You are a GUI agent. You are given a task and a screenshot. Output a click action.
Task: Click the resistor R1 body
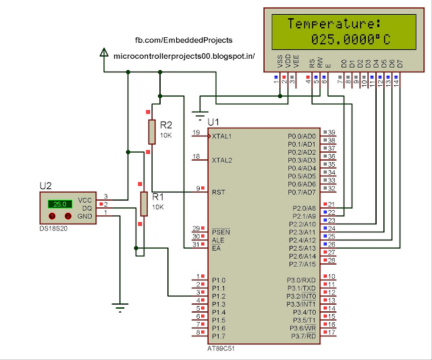pos(143,203)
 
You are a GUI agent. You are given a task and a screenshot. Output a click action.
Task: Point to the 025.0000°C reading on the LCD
pos(351,39)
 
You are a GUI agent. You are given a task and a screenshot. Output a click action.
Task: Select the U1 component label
pos(213,122)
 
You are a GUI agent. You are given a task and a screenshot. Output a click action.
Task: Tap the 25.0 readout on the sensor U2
pos(59,203)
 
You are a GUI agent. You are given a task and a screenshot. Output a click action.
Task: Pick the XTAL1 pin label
pos(222,136)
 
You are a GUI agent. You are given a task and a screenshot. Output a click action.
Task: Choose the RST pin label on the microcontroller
pos(218,192)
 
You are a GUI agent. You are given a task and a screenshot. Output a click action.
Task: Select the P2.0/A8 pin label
pos(303,207)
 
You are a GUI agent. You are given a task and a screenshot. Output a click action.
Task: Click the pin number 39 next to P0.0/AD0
pos(331,132)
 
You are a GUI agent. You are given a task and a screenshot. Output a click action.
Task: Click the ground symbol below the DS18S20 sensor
pos(120,307)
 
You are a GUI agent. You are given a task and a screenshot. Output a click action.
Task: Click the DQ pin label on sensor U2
pos(85,208)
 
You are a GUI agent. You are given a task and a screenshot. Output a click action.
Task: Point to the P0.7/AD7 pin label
pos(303,192)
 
